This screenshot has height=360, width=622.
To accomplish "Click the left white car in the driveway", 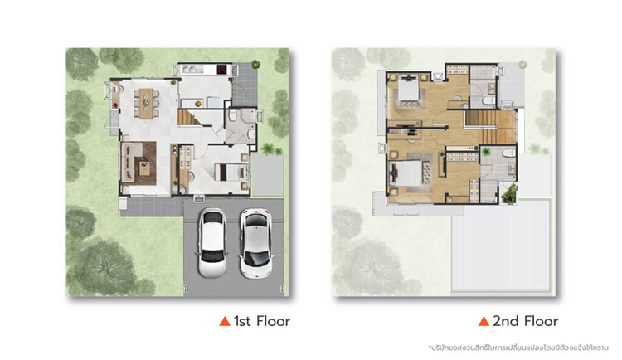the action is click(212, 242).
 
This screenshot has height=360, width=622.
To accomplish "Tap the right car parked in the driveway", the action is click(256, 243).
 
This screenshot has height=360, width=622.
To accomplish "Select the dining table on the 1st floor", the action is click(146, 103).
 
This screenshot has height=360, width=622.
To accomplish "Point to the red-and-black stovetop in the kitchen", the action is click(221, 70).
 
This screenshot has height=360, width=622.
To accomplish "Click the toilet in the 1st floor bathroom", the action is click(233, 115).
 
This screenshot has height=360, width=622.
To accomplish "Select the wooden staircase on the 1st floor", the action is click(190, 118).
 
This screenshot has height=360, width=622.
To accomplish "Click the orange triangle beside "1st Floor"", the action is click(225, 321).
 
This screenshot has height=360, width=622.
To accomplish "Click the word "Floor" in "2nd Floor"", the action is click(541, 321).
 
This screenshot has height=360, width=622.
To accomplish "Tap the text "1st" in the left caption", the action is click(242, 321).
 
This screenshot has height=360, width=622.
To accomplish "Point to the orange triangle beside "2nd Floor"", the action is click(484, 321).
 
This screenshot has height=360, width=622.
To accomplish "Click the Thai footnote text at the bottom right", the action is click(518, 348).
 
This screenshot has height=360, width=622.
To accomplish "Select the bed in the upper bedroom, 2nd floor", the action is click(408, 90).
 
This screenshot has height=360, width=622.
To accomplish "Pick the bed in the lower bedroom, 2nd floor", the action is click(406, 173).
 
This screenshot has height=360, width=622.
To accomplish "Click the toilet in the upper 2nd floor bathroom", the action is click(490, 100).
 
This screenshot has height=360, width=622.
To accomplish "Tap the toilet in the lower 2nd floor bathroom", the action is click(508, 153).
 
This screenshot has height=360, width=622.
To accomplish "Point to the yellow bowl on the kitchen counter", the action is click(198, 104).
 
